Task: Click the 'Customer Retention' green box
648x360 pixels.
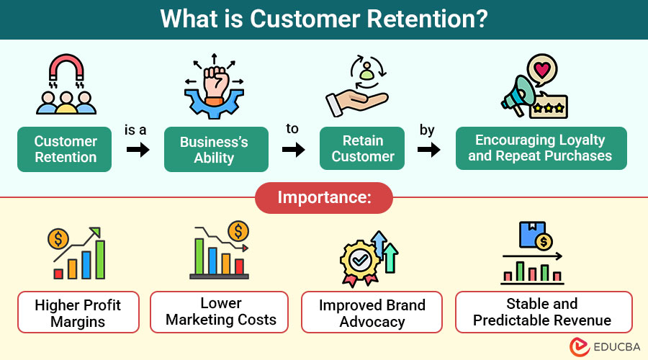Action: tap(65, 149)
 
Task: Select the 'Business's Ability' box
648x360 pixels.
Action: tap(216, 149)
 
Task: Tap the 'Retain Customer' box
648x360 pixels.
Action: tap(362, 148)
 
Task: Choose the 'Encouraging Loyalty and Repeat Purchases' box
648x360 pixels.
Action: tap(541, 148)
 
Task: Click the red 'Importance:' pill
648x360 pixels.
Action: tap(324, 197)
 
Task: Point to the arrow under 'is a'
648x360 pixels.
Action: tap(138, 149)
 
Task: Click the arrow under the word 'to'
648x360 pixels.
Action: tap(294, 149)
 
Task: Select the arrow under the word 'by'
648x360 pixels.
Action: tap(428, 149)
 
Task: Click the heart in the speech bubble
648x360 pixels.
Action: tap(542, 70)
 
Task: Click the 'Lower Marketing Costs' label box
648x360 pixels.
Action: tap(219, 312)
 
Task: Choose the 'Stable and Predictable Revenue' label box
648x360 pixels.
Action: tap(544, 312)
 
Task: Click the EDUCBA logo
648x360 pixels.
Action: tap(605, 347)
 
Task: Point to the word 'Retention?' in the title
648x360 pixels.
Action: tap(427, 19)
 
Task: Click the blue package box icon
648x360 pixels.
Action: tap(532, 234)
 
